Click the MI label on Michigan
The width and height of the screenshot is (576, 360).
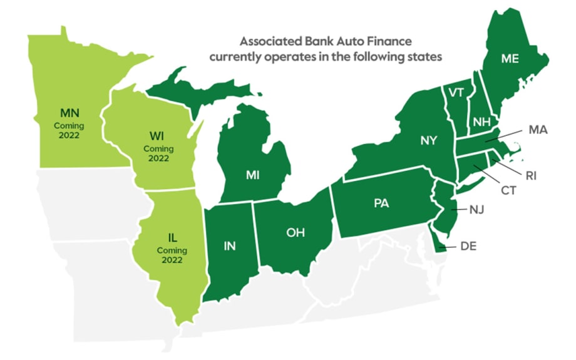pos(252,175)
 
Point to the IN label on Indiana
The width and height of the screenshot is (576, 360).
pos(230,245)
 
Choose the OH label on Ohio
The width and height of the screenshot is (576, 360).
pos(295,232)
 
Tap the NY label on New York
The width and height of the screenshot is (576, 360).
pos(429,141)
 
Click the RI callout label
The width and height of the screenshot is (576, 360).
pos(531,176)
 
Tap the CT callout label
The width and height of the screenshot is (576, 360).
pos(508,190)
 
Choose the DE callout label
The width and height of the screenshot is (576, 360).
pos(468,247)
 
